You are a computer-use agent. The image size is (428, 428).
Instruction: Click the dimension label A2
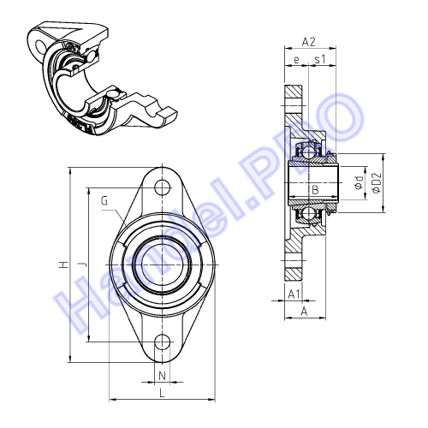click(x=309, y=42)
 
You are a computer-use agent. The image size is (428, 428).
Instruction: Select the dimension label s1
click(x=320, y=60)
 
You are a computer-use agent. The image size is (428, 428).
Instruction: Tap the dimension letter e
click(x=296, y=60)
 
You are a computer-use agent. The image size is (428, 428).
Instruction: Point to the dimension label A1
click(x=294, y=294)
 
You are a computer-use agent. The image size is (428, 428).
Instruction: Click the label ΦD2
click(x=377, y=182)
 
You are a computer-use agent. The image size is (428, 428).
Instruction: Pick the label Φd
click(x=359, y=182)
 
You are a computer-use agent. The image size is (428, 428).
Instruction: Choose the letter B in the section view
click(x=315, y=190)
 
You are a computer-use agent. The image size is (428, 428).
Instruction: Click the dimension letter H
click(x=64, y=265)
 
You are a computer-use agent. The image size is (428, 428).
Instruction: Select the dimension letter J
click(x=83, y=265)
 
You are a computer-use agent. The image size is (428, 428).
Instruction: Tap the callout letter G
click(x=104, y=201)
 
